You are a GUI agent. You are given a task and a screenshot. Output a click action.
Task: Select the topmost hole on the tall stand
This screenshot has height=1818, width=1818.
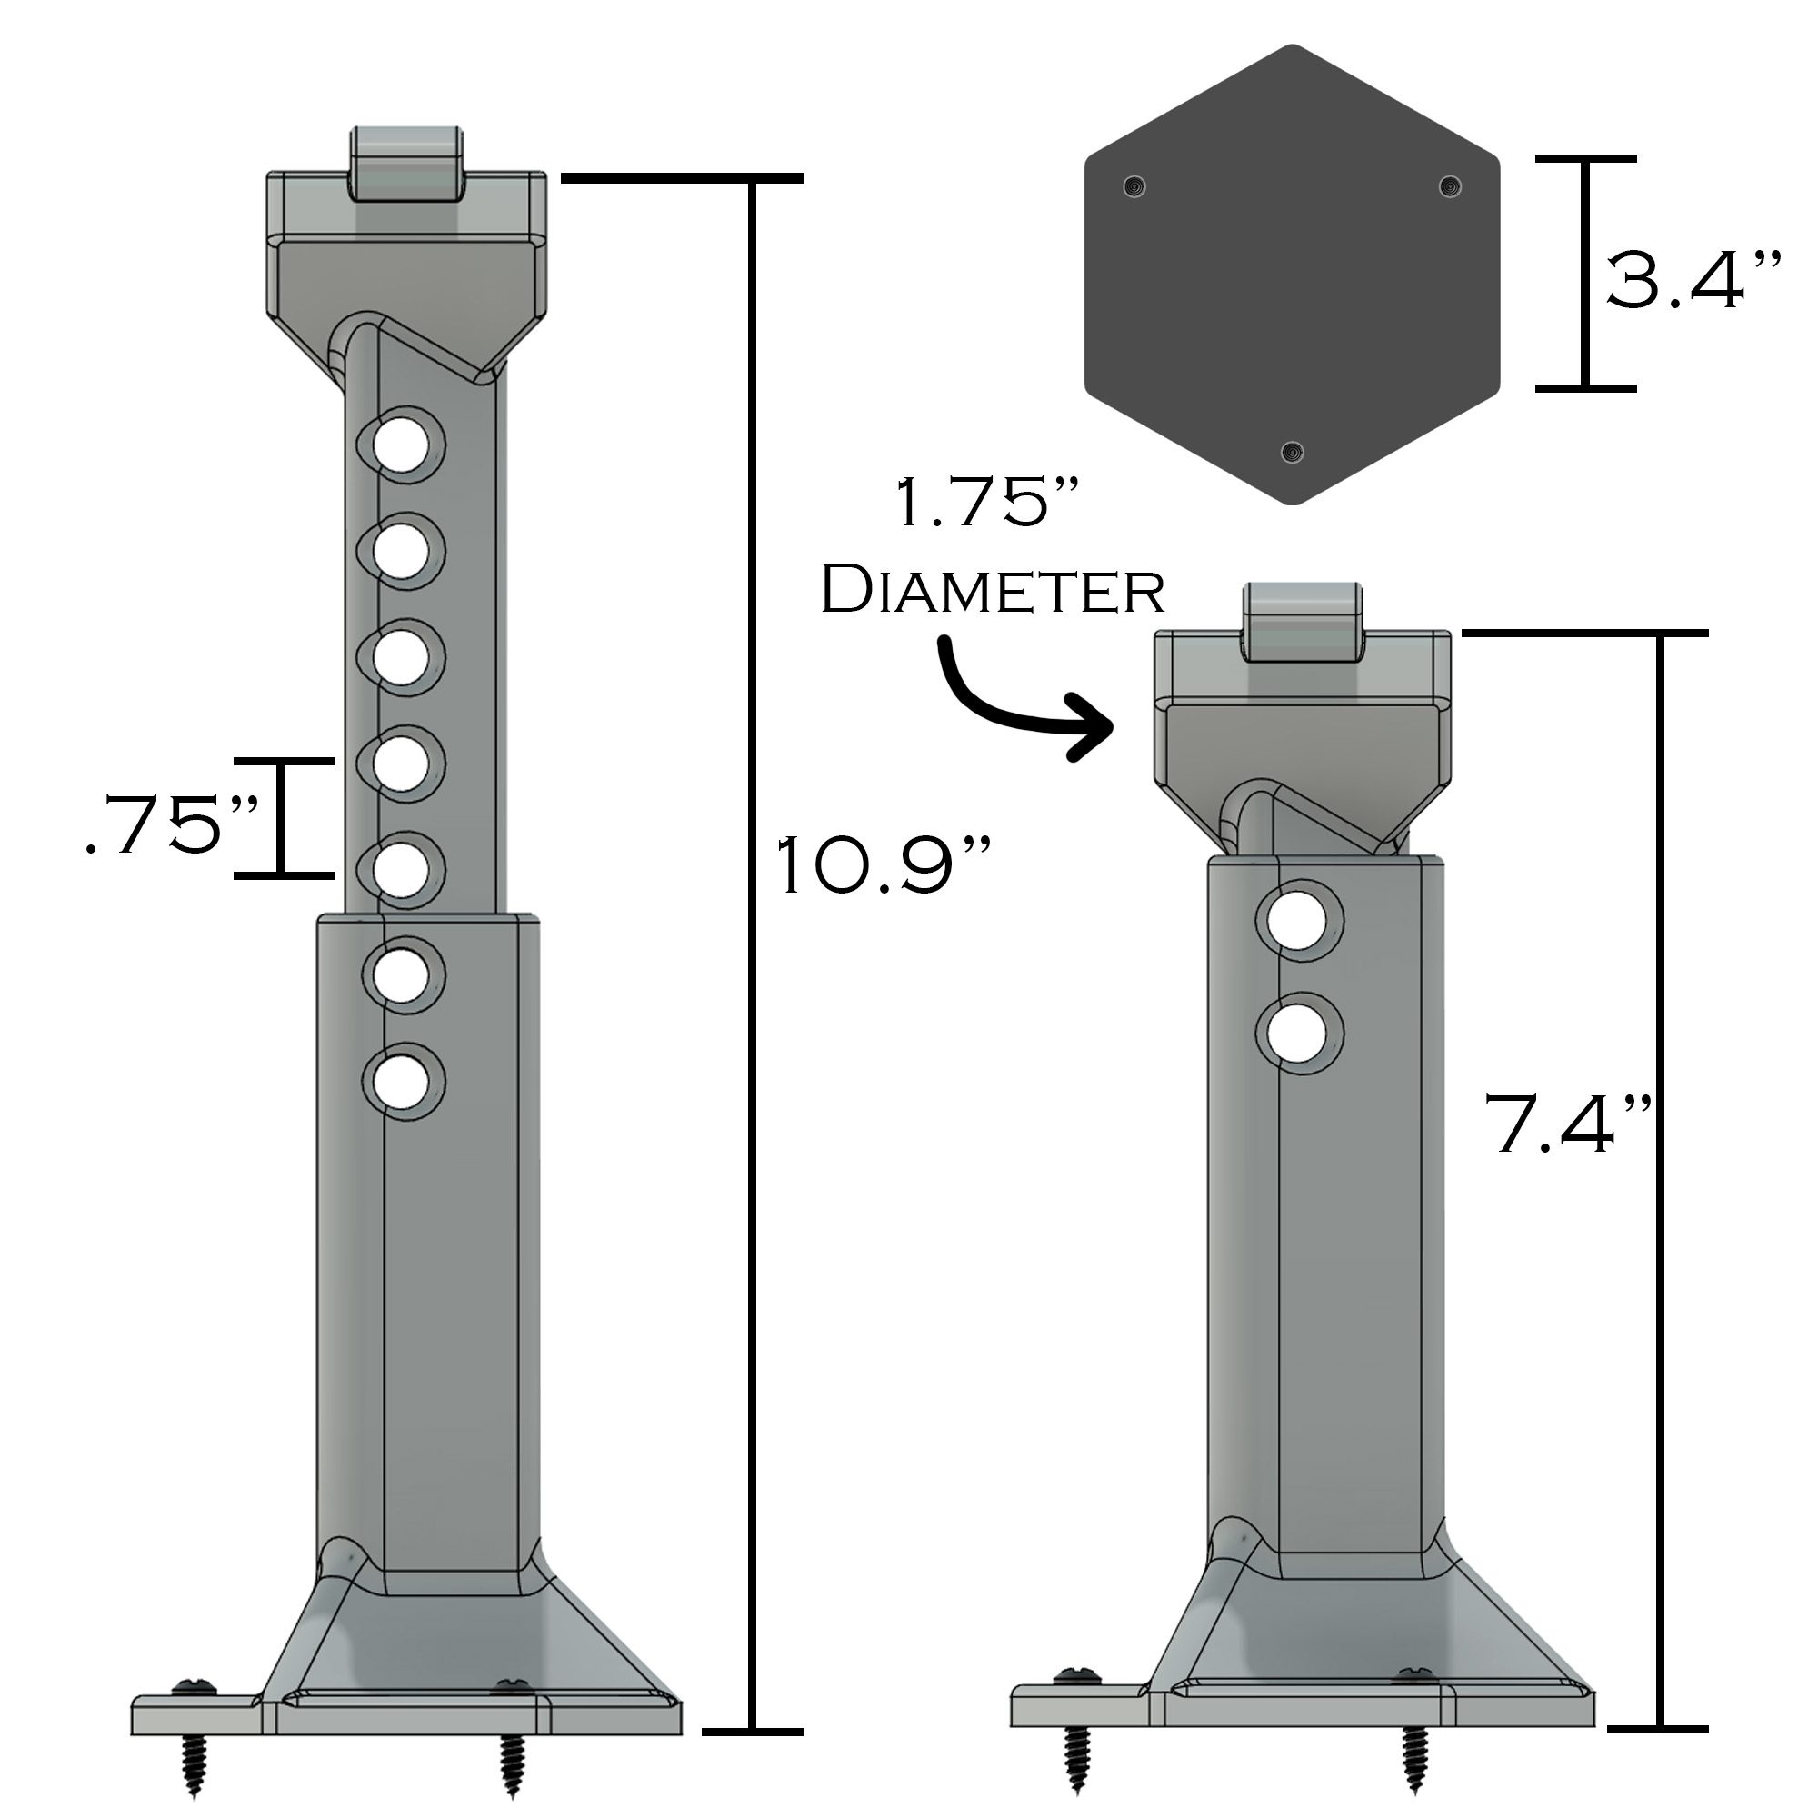pyautogui.click(x=402, y=445)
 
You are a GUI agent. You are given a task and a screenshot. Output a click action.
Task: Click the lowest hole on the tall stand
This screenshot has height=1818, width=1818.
pyautogui.click(x=402, y=1081)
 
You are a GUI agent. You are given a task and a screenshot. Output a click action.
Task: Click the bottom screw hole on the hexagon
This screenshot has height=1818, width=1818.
pyautogui.click(x=1293, y=454)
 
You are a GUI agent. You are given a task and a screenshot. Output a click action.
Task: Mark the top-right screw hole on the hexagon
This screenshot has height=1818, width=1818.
pyautogui.click(x=1450, y=186)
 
